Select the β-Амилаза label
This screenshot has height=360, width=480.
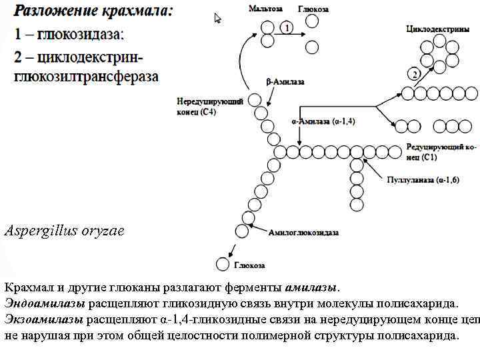click(x=285, y=82)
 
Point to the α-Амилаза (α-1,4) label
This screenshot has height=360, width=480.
click(x=323, y=123)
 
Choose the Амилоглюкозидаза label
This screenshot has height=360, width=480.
click(x=303, y=233)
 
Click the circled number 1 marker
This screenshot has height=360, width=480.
click(x=285, y=28)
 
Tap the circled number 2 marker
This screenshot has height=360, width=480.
click(x=415, y=73)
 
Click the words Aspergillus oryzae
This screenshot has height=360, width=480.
click(x=64, y=231)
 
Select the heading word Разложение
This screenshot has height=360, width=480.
click(x=54, y=11)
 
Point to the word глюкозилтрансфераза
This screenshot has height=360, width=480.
click(x=87, y=76)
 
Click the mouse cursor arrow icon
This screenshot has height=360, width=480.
click(x=218, y=18)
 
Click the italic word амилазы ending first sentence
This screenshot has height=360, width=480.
click(x=311, y=288)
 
